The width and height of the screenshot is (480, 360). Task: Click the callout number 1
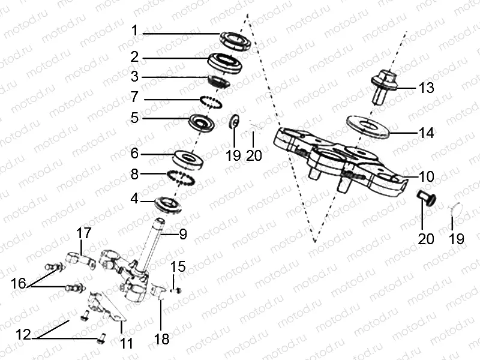click(x=135, y=30)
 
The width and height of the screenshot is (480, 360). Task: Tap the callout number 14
click(x=426, y=133)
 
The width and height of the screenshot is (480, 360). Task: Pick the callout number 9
click(x=182, y=234)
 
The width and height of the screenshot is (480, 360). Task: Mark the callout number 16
click(x=19, y=283)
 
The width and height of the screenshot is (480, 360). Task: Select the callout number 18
click(x=161, y=339)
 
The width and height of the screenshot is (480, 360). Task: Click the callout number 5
click(x=135, y=118)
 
